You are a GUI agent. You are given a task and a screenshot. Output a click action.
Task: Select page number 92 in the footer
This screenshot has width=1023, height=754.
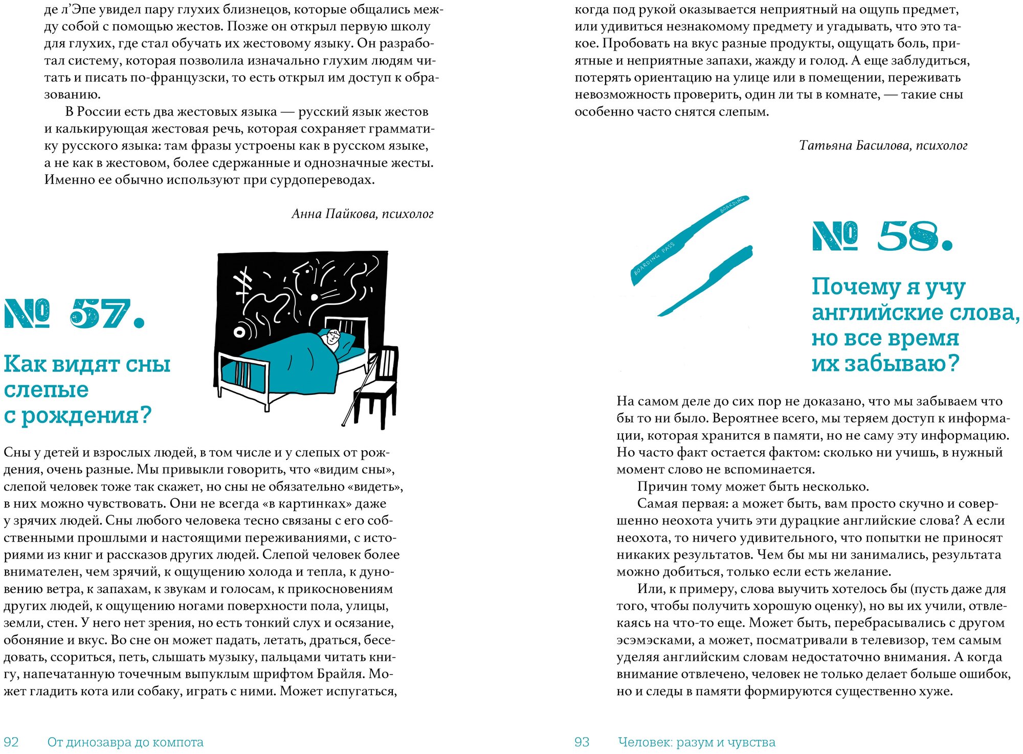pyautogui.click(x=11, y=742)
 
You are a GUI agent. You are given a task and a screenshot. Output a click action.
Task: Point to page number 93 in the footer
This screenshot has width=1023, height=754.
pyautogui.click(x=582, y=742)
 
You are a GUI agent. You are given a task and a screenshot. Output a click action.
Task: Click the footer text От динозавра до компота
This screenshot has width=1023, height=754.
pyautogui.click(x=125, y=742)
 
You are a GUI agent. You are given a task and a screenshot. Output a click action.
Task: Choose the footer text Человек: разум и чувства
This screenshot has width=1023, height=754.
pyautogui.click(x=696, y=742)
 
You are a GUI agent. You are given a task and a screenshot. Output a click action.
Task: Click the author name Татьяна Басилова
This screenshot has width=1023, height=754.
pyautogui.click(x=855, y=146)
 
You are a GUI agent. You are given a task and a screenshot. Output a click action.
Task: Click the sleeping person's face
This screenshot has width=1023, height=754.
pyautogui.click(x=332, y=337)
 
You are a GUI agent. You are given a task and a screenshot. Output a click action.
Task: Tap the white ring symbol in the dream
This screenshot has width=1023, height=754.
pyautogui.click(x=239, y=332)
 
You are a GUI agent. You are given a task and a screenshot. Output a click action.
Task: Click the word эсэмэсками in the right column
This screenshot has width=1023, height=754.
pyautogui.click(x=650, y=640)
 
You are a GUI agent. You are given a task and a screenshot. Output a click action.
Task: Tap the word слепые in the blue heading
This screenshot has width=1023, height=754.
pyautogui.click(x=46, y=389)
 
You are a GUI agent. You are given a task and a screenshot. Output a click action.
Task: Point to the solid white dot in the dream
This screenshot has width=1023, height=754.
pyautogui.click(x=314, y=297)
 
